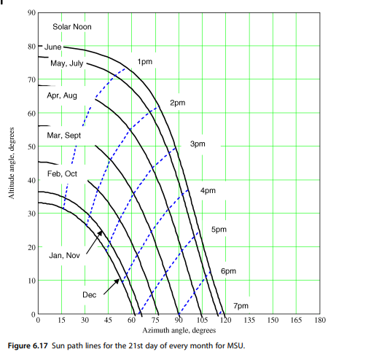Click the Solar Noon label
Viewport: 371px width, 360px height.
[71, 27]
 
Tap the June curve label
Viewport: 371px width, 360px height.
[53, 47]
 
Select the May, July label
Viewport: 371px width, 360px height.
[67, 64]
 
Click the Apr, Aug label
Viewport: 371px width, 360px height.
[62, 95]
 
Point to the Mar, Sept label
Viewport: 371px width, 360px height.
[64, 136]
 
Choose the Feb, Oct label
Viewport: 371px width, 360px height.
[62, 173]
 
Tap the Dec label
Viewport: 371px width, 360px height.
[90, 294]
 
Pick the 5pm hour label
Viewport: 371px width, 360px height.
[219, 230]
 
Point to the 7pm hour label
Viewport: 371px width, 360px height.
[241, 305]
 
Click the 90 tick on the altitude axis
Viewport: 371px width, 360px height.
[31, 13]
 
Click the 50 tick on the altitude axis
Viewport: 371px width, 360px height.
[31, 146]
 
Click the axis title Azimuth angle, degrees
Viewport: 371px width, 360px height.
[179, 330]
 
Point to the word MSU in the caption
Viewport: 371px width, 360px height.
[235, 345]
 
